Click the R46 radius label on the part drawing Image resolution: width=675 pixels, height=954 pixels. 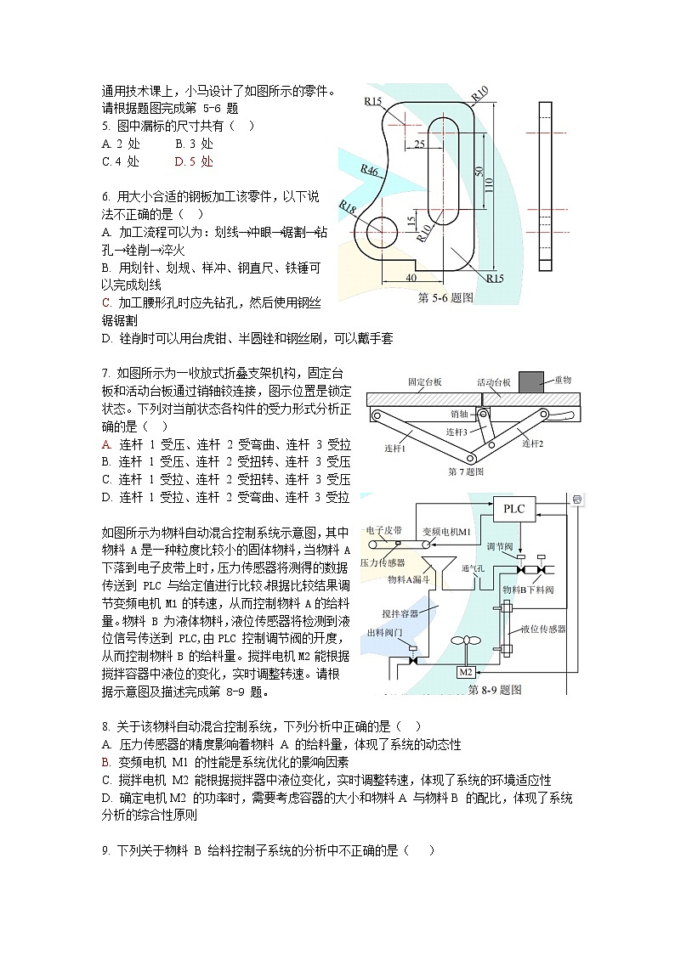tap(370, 170)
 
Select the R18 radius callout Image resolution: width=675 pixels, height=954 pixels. tap(348, 206)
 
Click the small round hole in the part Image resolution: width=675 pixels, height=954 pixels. tap(383, 229)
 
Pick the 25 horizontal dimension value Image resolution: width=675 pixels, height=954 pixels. tap(420, 144)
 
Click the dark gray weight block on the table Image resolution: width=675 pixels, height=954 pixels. tap(530, 381)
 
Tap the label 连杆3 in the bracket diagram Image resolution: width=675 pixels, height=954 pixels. tap(459, 432)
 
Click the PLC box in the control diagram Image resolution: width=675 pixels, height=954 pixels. tap(514, 509)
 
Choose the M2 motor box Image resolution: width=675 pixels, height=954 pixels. tap(466, 672)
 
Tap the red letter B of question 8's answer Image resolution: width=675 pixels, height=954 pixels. tap(105, 762)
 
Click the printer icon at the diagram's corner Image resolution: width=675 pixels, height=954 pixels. tap(577, 500)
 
